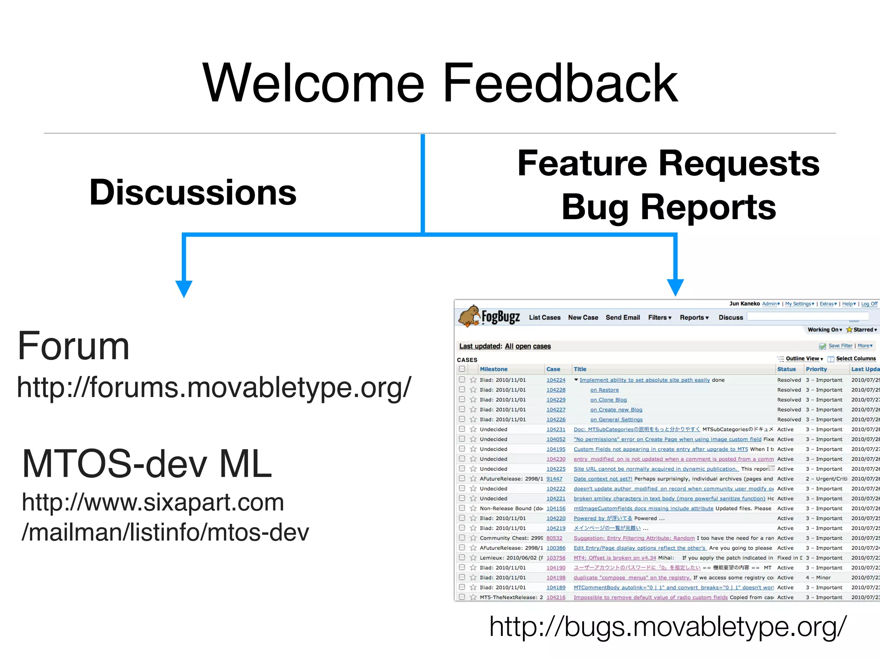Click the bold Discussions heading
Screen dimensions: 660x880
pos(193,192)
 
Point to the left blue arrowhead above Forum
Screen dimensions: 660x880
pos(184,289)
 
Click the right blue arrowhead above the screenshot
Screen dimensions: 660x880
pos(675,287)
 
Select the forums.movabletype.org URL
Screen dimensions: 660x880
pos(214,387)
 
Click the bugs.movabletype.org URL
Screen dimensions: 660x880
pos(668,626)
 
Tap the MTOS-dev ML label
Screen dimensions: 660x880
pos(147,464)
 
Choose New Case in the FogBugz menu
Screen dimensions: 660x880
pos(583,318)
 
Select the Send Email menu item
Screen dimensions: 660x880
pos(623,318)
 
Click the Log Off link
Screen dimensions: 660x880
pos(869,304)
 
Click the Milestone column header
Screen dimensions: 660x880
pos(493,369)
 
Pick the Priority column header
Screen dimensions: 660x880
pos(816,369)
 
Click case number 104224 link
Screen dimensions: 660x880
pos(556,380)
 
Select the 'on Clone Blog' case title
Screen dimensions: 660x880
pos(608,400)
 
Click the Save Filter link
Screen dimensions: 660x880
pos(840,346)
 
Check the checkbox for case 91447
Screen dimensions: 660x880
pos(462,478)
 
